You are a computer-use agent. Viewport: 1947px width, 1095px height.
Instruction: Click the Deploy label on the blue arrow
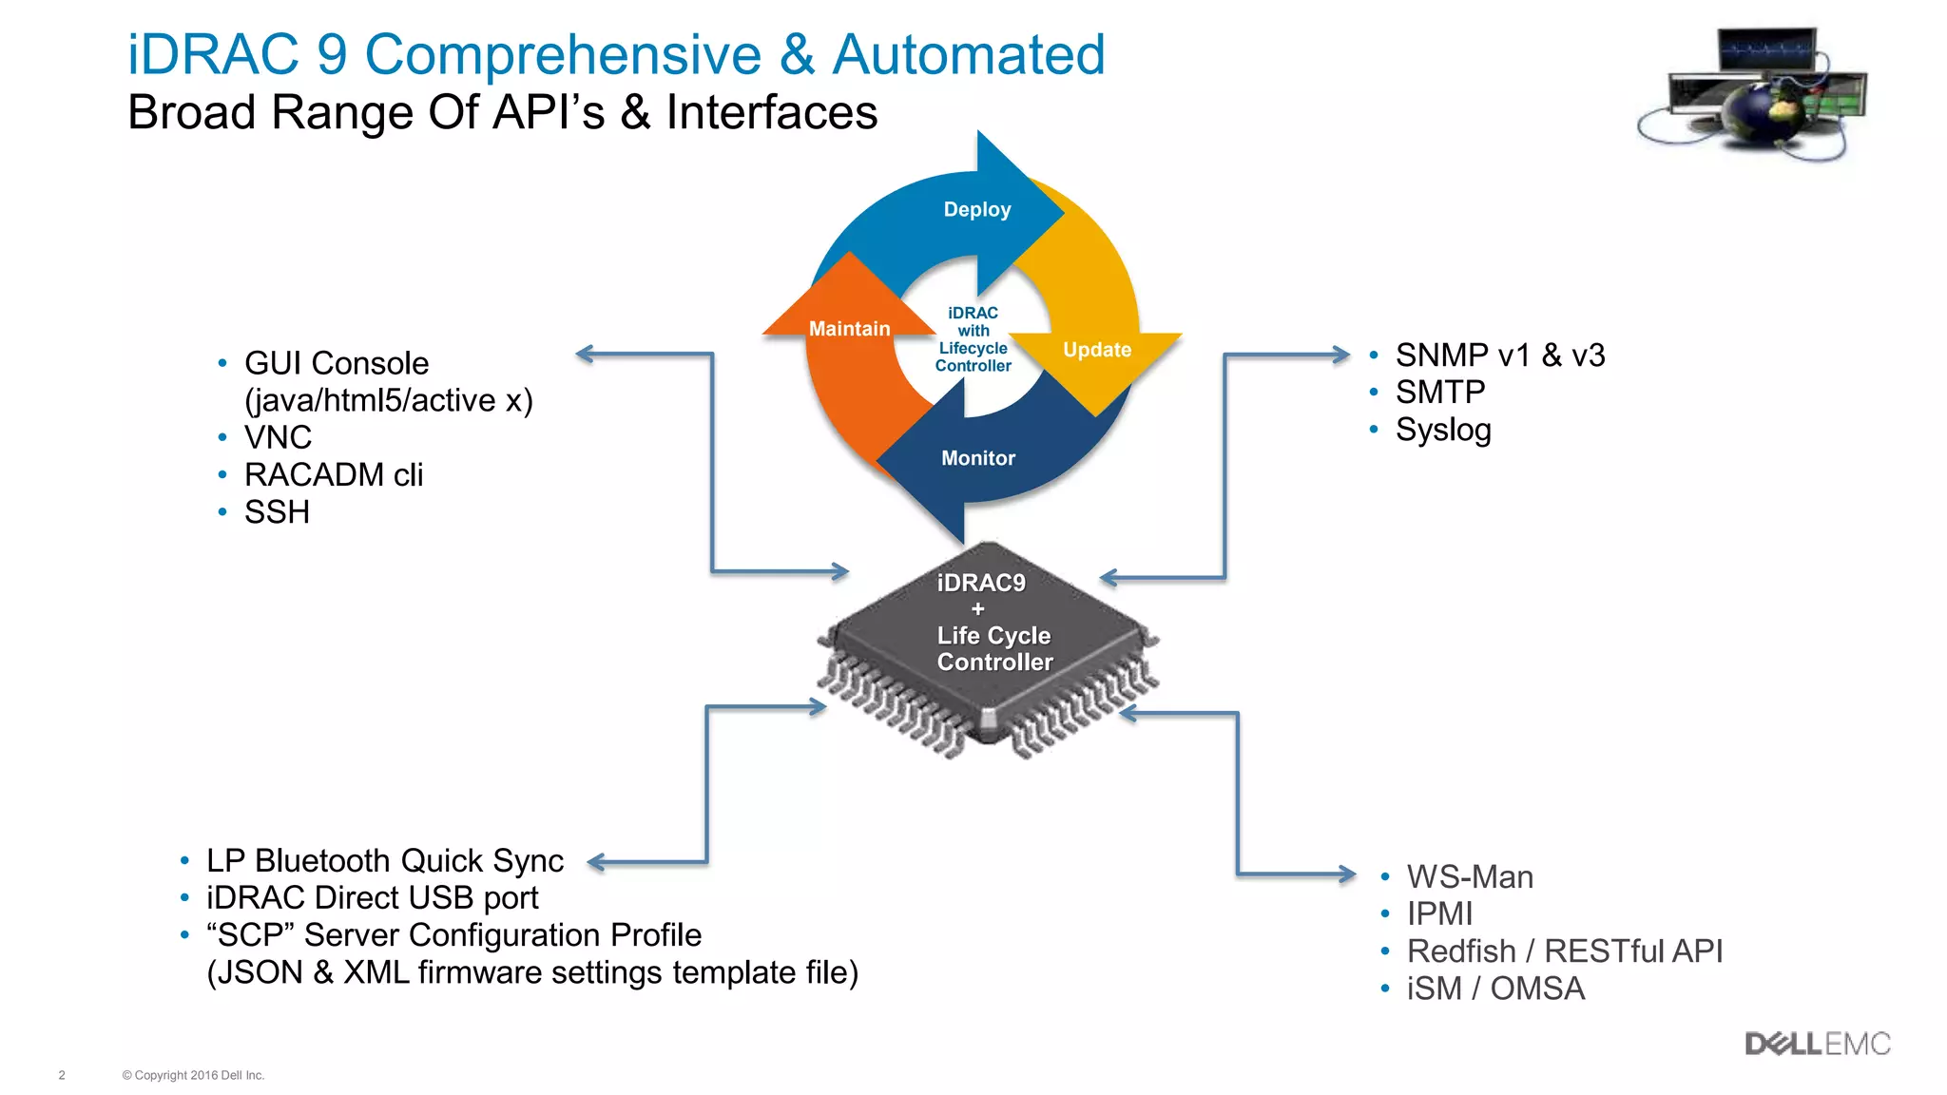coord(976,209)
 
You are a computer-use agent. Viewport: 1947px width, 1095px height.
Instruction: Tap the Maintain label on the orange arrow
coord(849,329)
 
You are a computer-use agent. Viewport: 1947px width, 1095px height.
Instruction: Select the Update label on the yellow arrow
coord(1097,350)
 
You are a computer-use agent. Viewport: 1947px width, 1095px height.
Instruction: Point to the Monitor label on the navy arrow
coord(978,458)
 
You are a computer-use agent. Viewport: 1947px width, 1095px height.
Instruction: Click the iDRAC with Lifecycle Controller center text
coord(973,339)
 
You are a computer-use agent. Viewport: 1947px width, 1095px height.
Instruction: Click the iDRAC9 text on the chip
coord(981,583)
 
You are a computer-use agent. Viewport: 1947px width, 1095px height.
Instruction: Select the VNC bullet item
coord(278,437)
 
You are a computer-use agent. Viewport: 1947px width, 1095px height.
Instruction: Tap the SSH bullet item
coord(277,512)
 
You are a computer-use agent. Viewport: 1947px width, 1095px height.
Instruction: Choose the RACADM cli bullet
coord(333,474)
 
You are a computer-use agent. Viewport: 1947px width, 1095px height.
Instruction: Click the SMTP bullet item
coord(1439,392)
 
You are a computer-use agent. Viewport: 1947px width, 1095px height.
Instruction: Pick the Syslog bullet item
coord(1442,430)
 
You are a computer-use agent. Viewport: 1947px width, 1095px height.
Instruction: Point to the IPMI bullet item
coord(1439,913)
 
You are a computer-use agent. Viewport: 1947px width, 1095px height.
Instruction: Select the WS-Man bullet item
coord(1470,876)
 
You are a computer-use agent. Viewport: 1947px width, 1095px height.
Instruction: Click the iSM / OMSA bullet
coord(1495,989)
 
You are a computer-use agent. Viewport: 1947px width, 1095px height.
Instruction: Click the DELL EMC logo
coord(1817,1044)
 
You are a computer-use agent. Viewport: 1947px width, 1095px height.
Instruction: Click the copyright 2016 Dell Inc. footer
coord(193,1075)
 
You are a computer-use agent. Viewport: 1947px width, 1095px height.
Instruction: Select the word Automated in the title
coord(968,54)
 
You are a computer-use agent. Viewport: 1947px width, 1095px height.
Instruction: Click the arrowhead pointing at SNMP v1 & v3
coord(1340,355)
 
